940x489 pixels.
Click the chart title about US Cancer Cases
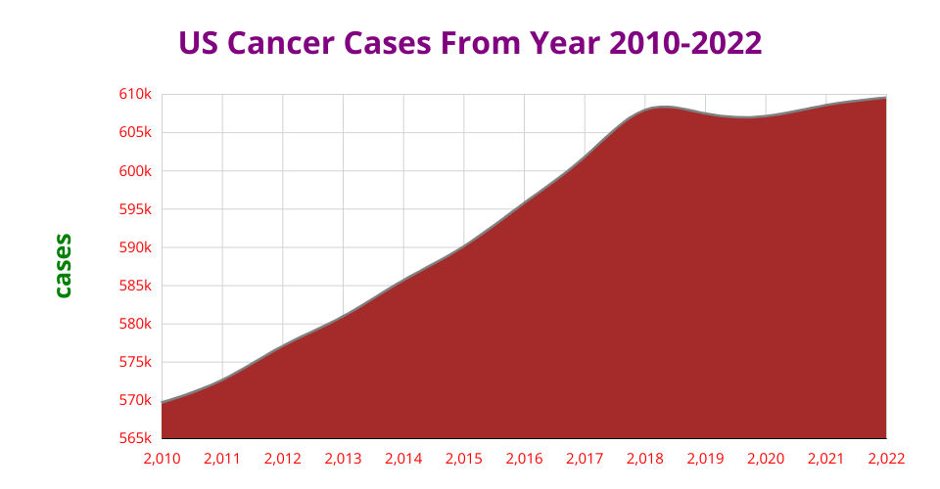(x=470, y=44)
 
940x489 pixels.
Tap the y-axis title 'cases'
(x=63, y=265)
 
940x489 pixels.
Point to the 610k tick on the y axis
(x=136, y=94)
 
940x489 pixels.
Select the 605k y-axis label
(x=136, y=132)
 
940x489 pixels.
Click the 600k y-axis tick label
(x=136, y=170)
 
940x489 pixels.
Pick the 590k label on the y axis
(x=136, y=247)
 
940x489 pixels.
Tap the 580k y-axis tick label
(x=136, y=324)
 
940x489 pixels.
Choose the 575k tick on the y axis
(x=136, y=362)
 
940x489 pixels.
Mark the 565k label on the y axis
(x=136, y=438)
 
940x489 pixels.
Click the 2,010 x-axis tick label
(x=162, y=458)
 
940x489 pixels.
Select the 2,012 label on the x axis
(x=283, y=458)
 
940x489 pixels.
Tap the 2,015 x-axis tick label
(x=464, y=458)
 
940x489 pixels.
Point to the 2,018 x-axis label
(x=645, y=458)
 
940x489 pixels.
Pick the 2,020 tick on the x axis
(x=766, y=458)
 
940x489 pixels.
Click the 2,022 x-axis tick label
(x=886, y=458)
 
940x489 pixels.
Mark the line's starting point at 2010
(x=163, y=402)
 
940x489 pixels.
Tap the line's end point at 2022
(x=885, y=98)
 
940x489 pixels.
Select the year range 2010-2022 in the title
(x=685, y=44)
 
